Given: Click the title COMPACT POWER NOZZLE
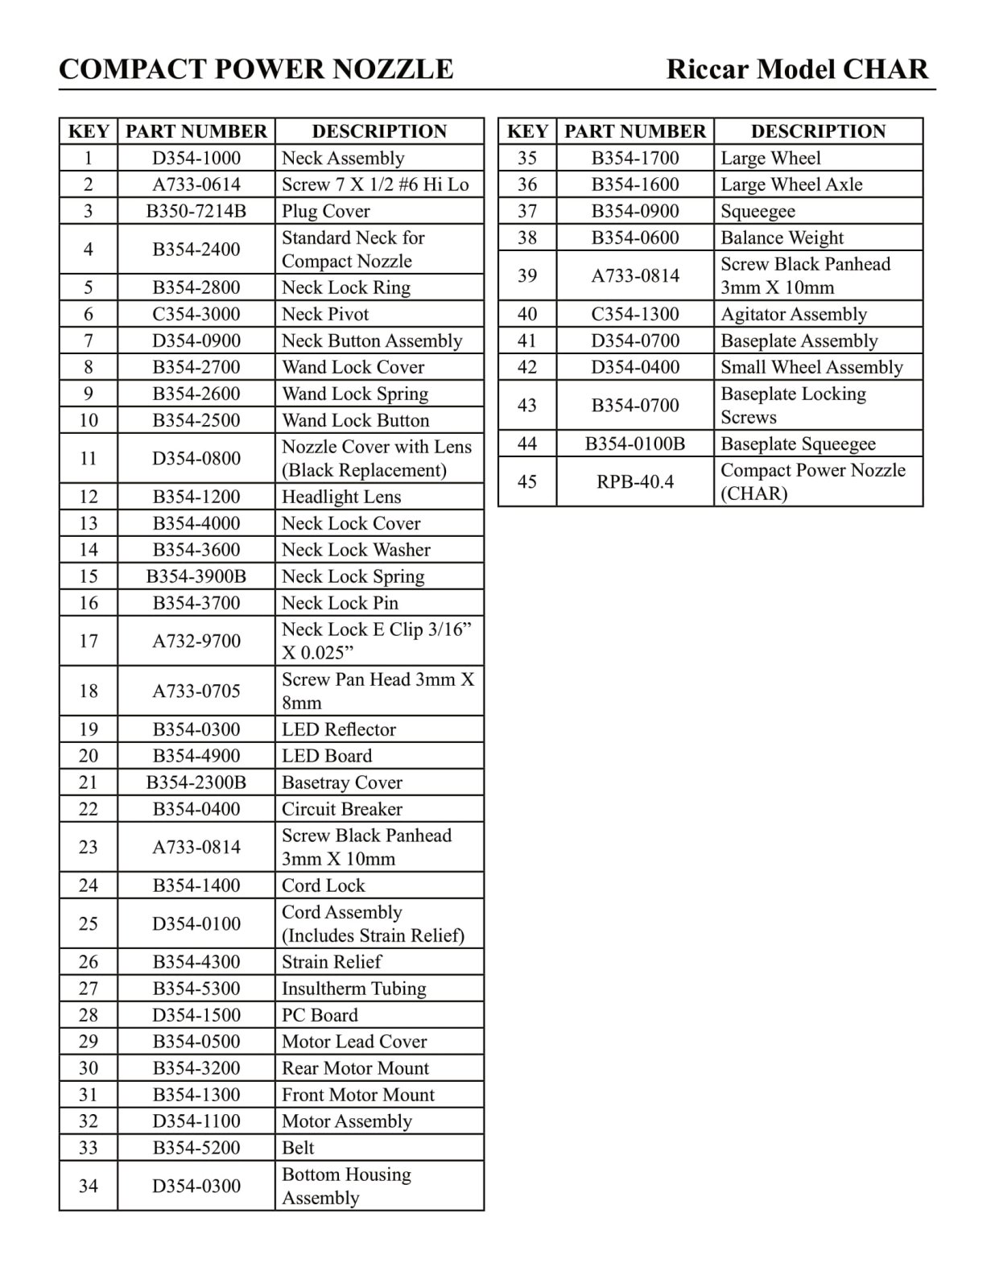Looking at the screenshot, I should [x=256, y=69].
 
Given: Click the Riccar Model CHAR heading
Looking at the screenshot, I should [x=797, y=69].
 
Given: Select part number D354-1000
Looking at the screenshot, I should [x=196, y=158].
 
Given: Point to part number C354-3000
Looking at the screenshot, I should [x=196, y=314].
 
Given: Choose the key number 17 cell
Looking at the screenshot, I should [x=89, y=641].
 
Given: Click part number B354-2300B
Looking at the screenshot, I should [x=196, y=782].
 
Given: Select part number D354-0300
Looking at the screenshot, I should [x=196, y=1186].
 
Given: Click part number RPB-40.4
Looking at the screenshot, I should [x=635, y=481].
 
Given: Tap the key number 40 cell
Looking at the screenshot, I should [x=527, y=314].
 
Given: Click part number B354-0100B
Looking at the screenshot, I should [x=635, y=444].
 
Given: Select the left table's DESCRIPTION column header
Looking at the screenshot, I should [x=379, y=131].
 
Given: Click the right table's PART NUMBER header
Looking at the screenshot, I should [x=635, y=131].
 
